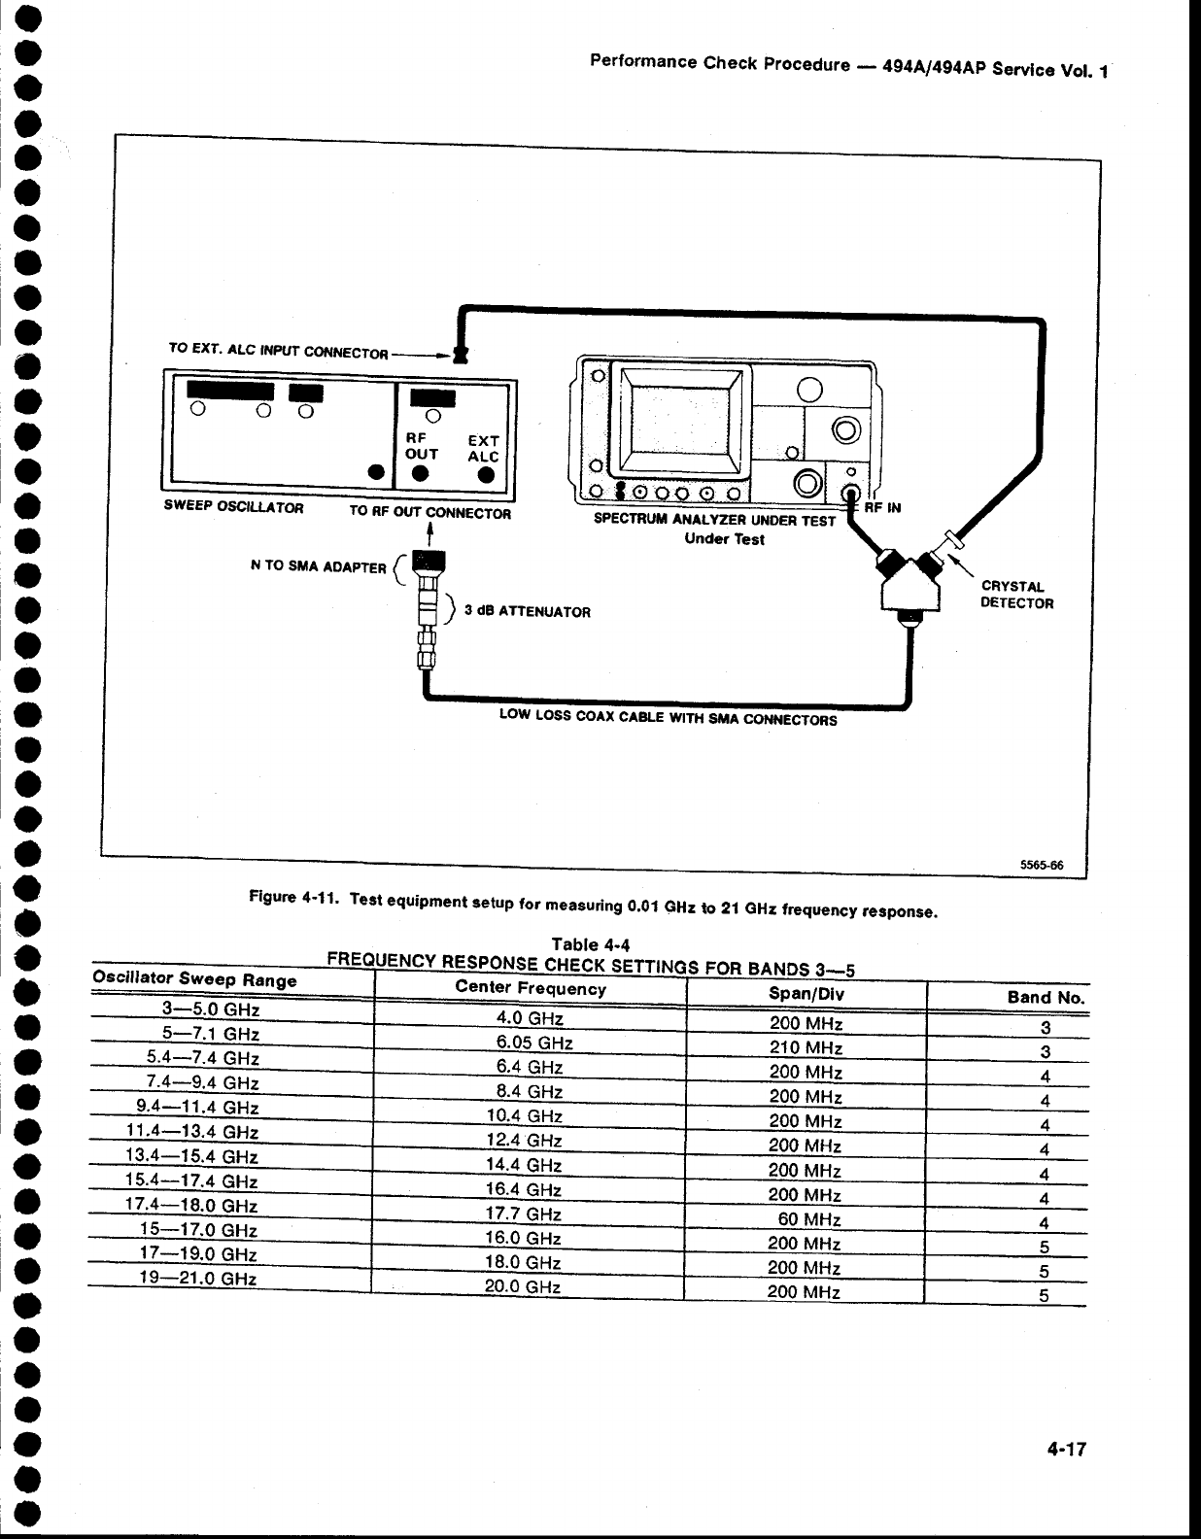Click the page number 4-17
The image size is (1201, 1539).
click(x=1065, y=1450)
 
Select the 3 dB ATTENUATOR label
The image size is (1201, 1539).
click(x=527, y=612)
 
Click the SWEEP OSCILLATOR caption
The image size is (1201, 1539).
click(x=234, y=507)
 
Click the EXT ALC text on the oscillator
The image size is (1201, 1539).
click(x=483, y=448)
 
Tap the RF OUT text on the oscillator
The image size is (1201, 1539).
click(x=422, y=446)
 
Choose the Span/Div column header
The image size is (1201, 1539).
click(x=806, y=994)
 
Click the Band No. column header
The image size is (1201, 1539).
click(x=1046, y=997)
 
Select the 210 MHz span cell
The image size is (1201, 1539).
click(x=806, y=1048)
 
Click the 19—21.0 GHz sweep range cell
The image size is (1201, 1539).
click(x=198, y=1279)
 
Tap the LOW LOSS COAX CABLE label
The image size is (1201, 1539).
click(x=668, y=718)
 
